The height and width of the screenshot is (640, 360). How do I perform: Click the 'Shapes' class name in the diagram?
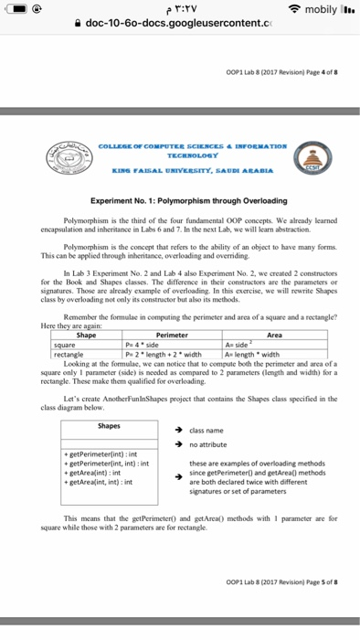click(x=109, y=425)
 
